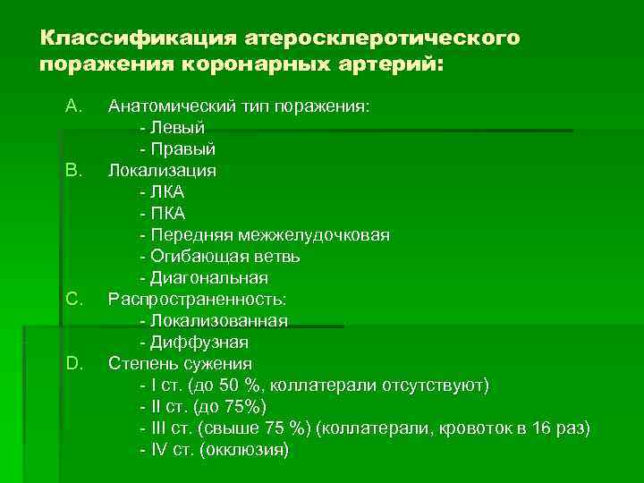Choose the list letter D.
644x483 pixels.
(74, 363)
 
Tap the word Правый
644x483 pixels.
(189, 149)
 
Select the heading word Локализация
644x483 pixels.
(162, 170)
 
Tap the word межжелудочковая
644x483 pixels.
(313, 234)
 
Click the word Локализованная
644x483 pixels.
(219, 320)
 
